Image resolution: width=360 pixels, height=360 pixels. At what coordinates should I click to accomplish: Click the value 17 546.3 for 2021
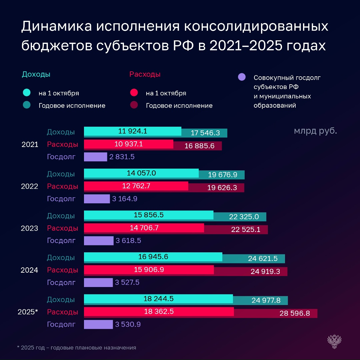pos(205,133)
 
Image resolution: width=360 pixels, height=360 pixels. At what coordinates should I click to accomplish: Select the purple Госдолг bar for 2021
pos(95,157)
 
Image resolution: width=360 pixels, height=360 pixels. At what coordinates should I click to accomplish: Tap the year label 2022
pos(30,186)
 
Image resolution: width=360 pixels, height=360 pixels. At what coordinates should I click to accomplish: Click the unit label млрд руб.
pos(315,131)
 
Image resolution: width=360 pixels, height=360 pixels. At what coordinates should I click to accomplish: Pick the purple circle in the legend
pos(242,77)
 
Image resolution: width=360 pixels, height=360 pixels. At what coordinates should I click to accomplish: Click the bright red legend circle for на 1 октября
pos(134,93)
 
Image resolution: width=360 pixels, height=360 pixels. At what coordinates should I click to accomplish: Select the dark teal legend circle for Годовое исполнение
pos(27,105)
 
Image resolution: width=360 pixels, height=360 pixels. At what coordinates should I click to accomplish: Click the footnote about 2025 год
pos(76,348)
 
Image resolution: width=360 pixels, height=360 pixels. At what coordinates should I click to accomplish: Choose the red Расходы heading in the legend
pos(145,74)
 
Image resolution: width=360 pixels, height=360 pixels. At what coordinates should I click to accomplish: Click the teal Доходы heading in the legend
pos(36,74)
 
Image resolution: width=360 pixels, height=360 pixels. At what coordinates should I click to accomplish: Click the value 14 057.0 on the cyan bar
pos(141,173)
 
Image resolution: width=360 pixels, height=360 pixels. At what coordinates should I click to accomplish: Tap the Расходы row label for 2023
pos(62,228)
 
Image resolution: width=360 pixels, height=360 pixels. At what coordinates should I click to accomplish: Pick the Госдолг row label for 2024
pos(61,283)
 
